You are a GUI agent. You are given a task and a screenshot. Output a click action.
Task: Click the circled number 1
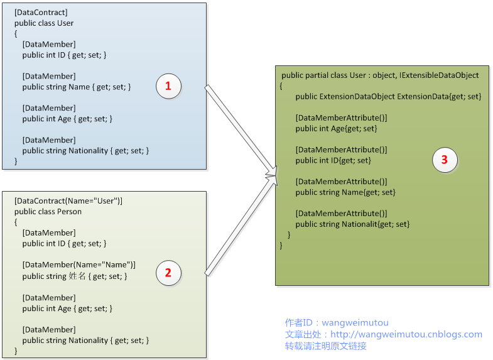click(x=168, y=86)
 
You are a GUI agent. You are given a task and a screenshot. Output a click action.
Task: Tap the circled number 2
click(x=168, y=273)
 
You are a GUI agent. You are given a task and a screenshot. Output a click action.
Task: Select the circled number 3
click(x=445, y=160)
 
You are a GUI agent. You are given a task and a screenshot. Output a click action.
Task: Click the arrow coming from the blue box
click(x=241, y=130)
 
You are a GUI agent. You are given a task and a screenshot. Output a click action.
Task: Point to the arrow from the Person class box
click(x=241, y=226)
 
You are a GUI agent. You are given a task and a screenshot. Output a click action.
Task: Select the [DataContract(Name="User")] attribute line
click(x=68, y=201)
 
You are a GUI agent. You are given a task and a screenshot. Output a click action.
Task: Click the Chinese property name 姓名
click(x=77, y=276)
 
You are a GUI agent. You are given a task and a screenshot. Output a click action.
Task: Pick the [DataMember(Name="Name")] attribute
click(x=79, y=265)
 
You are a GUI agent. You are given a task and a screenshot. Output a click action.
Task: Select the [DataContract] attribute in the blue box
click(x=41, y=13)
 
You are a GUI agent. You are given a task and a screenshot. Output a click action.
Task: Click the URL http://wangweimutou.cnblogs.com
click(x=406, y=334)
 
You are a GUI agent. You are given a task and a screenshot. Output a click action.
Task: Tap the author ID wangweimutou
click(x=355, y=323)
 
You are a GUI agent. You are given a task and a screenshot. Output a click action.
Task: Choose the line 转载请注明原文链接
click(x=326, y=346)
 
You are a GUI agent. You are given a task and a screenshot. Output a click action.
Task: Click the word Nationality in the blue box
click(x=89, y=151)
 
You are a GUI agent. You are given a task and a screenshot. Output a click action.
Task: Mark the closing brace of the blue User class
click(x=16, y=161)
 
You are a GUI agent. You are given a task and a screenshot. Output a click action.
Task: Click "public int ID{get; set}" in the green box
click(x=333, y=161)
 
